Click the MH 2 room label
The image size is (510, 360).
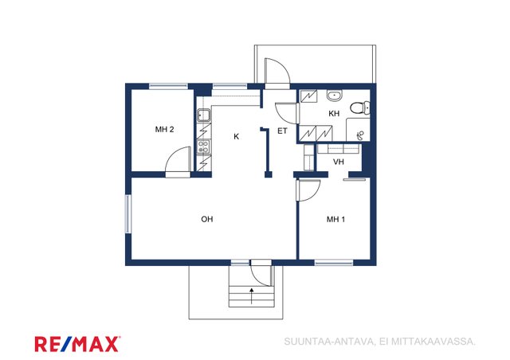coord(164,130)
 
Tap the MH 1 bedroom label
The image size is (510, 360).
coord(335,220)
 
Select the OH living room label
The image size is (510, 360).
coord(207,219)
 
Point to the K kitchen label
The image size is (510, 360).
coord(237,136)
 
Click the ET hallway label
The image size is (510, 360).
coord(282,131)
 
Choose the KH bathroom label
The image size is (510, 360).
coord(334,114)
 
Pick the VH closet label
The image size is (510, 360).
coord(338,162)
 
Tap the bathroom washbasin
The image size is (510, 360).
coord(335,96)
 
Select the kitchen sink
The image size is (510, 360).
coord(204,115)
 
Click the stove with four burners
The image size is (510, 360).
coord(204,147)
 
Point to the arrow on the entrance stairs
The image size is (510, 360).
coord(251,295)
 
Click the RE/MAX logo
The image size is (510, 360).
coord(77,344)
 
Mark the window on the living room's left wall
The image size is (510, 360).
coord(128,213)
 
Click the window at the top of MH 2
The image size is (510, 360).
coord(168,86)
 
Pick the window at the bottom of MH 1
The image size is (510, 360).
coord(334,262)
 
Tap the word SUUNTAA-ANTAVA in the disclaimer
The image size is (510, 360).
coord(328,342)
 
